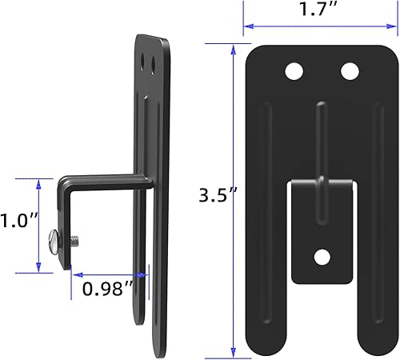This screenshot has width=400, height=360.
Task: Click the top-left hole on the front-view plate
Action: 294,71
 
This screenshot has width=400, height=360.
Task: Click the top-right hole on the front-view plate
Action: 350,71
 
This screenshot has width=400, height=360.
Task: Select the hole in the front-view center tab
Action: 322,257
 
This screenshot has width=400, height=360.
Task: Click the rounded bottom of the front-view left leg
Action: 268,344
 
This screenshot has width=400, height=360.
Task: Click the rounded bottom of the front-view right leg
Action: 375,344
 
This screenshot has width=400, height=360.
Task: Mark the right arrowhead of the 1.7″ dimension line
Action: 395,26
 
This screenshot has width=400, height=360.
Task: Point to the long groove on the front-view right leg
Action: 374,216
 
